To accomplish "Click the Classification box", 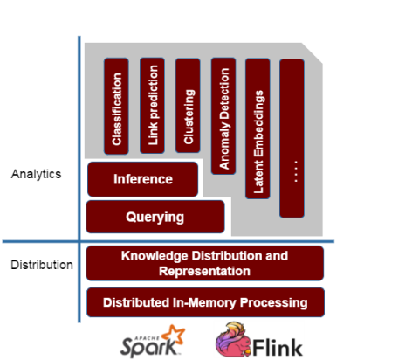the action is [x=116, y=106].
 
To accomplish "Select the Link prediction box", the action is [x=152, y=106].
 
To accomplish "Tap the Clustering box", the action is [x=188, y=106].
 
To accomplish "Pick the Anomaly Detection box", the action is [x=223, y=116].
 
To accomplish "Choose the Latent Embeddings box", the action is [x=258, y=128].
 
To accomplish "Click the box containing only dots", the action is [x=292, y=138].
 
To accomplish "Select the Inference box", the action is [x=143, y=179].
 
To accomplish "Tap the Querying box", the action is [x=155, y=217].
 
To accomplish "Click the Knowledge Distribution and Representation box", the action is [x=205, y=263].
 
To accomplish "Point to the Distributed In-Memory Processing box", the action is [x=205, y=302].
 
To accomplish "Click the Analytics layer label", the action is [x=36, y=174].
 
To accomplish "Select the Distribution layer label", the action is [x=42, y=265].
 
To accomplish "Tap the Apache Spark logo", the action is [x=153, y=342].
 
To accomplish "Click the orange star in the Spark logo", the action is [x=174, y=334].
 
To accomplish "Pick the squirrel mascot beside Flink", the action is [x=233, y=339].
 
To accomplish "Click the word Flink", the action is [x=278, y=347].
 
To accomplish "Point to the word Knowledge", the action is [x=155, y=256].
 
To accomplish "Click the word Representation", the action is [x=204, y=272].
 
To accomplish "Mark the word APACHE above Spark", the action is [x=147, y=338].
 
